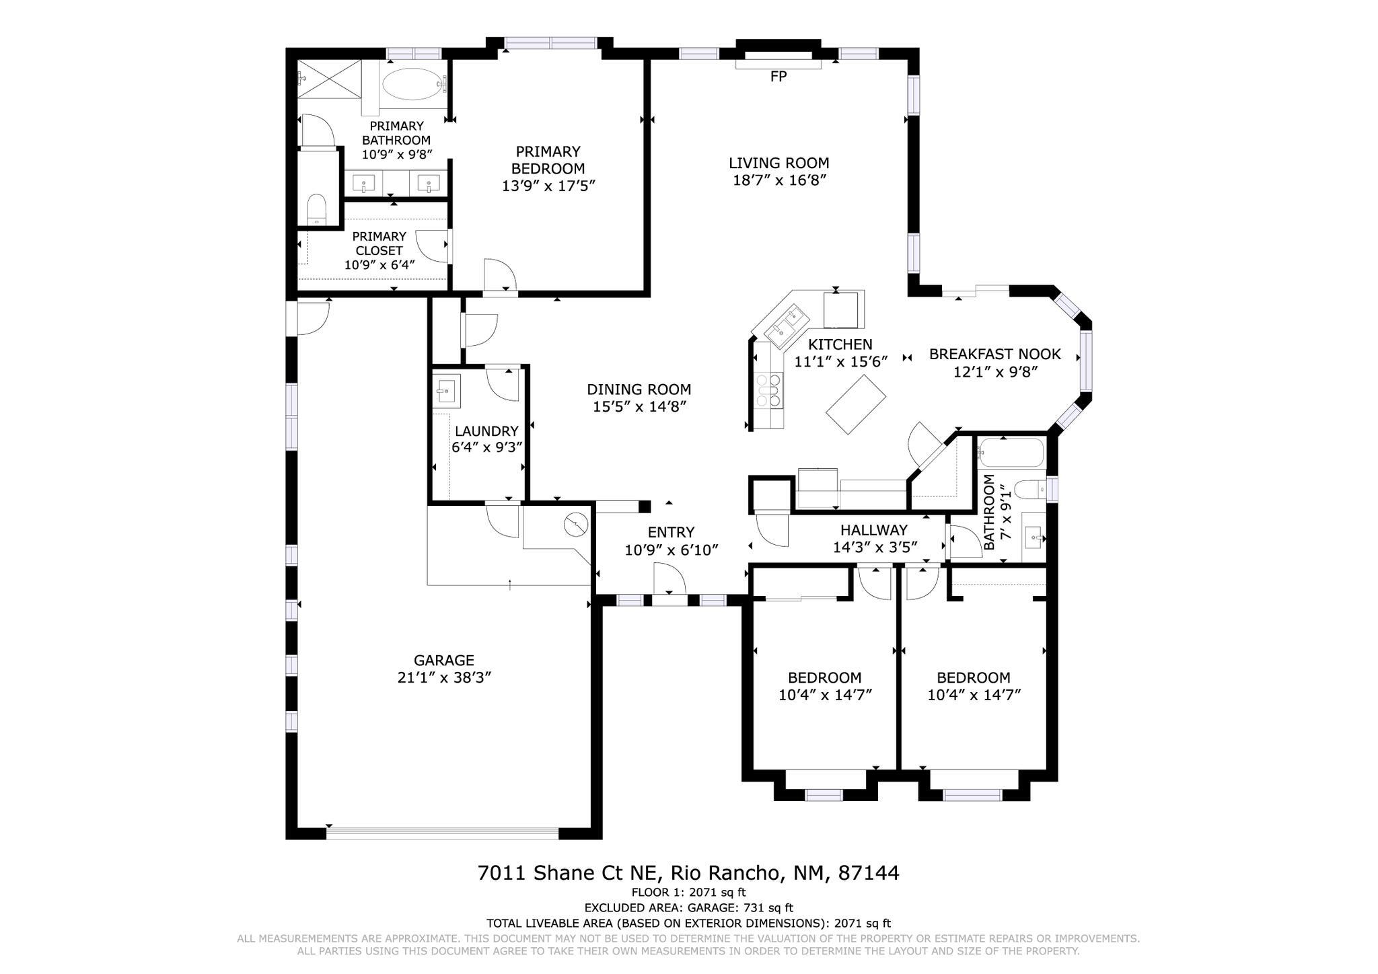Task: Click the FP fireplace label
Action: (778, 77)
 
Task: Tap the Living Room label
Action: (778, 163)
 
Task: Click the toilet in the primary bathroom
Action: (316, 210)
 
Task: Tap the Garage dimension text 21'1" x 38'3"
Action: (444, 677)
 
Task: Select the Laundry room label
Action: (486, 431)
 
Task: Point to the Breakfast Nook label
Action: (994, 354)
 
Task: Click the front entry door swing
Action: (669, 580)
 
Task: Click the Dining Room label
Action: (639, 389)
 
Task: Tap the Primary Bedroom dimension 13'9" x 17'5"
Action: (549, 186)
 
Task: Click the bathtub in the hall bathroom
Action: (1011, 453)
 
